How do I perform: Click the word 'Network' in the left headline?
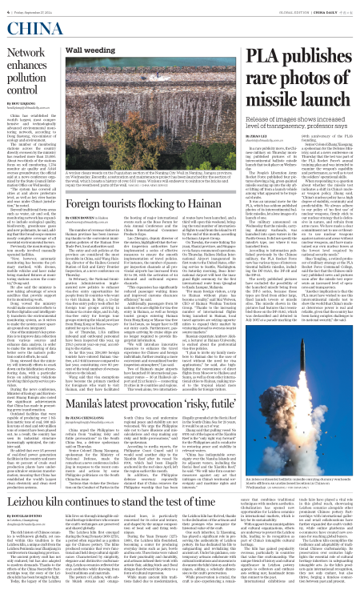(x=27, y=52)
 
